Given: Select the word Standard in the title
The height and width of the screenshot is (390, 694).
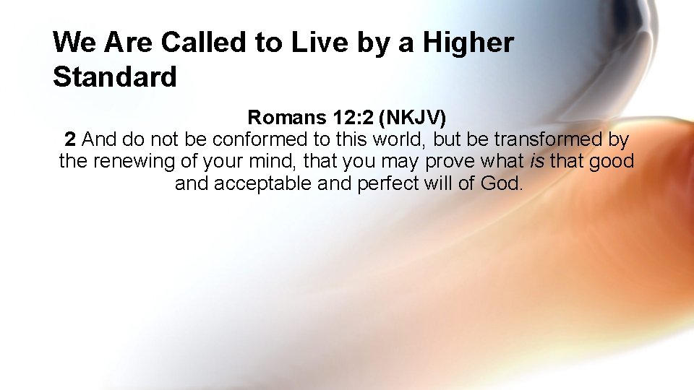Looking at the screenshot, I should [115, 76].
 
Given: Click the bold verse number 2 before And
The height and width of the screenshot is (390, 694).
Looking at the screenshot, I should [70, 139].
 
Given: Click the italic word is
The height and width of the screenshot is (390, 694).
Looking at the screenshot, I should [536, 161].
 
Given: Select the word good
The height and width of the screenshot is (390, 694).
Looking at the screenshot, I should [612, 161].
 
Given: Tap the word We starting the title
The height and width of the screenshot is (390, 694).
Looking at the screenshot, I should [74, 43].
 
